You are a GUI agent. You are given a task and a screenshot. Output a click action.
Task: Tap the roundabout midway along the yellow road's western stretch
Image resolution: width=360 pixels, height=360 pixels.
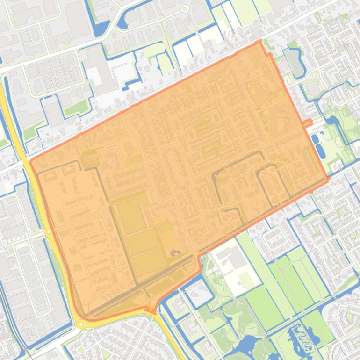48,231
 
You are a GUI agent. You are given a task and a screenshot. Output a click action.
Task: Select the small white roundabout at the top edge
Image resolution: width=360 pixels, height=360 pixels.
185,8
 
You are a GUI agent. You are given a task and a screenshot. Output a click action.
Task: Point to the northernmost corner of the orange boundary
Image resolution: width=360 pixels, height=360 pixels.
259,42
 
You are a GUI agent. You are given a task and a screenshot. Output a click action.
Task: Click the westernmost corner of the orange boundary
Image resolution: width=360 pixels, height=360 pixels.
30,162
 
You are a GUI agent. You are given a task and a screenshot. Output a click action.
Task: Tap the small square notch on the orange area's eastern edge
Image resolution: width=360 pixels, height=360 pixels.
307,123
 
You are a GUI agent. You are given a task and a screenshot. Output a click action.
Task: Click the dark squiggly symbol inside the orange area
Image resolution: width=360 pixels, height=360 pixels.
174,253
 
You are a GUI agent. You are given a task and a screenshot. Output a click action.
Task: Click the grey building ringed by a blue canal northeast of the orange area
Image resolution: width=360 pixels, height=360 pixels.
293,61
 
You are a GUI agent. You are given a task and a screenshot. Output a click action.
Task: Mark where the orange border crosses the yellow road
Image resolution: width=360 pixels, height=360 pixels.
151,310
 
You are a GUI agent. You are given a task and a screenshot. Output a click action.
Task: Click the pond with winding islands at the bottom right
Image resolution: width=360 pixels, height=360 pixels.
299,336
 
